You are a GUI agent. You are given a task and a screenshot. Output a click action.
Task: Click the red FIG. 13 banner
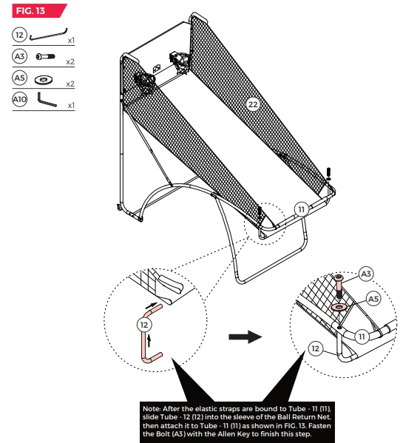pyautogui.click(x=38, y=11)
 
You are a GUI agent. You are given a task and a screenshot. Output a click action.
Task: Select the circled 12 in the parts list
pyautogui.click(x=19, y=35)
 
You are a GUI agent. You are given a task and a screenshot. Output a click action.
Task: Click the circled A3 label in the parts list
pyautogui.click(x=19, y=56)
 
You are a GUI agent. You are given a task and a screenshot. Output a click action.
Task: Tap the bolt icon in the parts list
pyautogui.click(x=46, y=56)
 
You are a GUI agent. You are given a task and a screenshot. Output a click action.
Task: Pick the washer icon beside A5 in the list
pyautogui.click(x=44, y=80)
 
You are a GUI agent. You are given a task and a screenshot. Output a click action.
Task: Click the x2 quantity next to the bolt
pyautogui.click(x=70, y=61)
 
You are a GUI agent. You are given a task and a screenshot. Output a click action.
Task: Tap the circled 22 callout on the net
pyautogui.click(x=253, y=104)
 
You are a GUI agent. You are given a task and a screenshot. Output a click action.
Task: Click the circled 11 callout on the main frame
pyautogui.click(x=302, y=209)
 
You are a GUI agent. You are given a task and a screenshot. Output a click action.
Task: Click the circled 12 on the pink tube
pyautogui.click(x=144, y=325)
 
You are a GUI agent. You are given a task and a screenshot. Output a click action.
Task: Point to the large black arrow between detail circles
pyautogui.click(x=245, y=337)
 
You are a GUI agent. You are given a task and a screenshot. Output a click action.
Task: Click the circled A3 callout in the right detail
pyautogui.click(x=366, y=274)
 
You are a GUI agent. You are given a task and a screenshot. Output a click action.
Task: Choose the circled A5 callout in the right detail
pyautogui.click(x=373, y=299)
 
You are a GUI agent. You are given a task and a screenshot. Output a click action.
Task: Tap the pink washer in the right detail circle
pyautogui.click(x=339, y=307)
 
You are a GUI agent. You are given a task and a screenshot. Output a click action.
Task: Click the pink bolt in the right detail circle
pyautogui.click(x=339, y=286)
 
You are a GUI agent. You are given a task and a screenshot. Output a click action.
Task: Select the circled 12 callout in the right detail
pyautogui.click(x=315, y=348)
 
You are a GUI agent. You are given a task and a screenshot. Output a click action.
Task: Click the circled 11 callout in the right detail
pyautogui.click(x=362, y=337)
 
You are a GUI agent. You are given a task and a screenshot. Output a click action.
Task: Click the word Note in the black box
pyautogui.click(x=152, y=409)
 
